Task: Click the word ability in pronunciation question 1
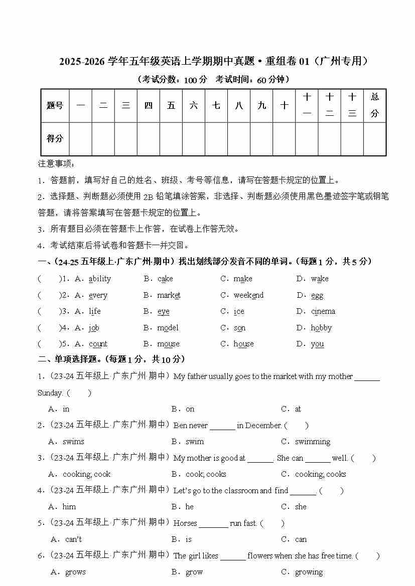click(99, 279)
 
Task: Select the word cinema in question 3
click(323, 311)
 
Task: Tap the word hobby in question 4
click(321, 328)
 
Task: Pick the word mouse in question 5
click(168, 344)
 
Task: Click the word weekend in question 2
click(248, 295)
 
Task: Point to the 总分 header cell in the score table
click(374, 105)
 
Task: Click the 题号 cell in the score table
click(55, 105)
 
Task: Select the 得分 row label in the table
click(55, 138)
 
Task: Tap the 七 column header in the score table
click(216, 105)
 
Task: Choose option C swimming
click(312, 442)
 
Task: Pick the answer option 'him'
click(69, 507)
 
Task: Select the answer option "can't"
click(73, 539)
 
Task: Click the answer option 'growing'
click(309, 572)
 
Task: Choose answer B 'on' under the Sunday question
click(190, 409)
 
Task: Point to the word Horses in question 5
click(185, 523)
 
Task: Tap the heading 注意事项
click(56, 164)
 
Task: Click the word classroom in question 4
click(240, 491)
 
